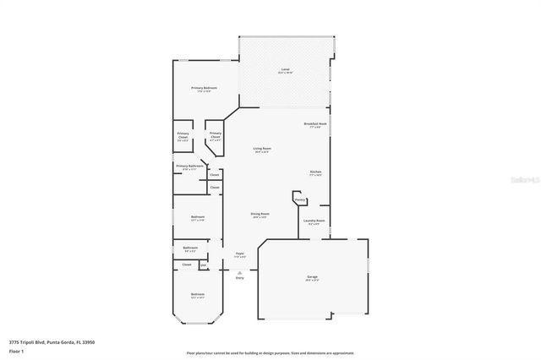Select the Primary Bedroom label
point(204,88)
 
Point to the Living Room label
point(261,150)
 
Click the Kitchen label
point(314,172)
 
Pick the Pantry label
point(299,199)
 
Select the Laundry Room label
point(314,221)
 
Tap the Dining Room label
point(260,215)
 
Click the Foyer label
point(239,254)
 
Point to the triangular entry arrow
point(239,271)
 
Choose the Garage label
point(312,277)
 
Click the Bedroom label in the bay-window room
point(197,294)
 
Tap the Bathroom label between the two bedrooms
point(189,248)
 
